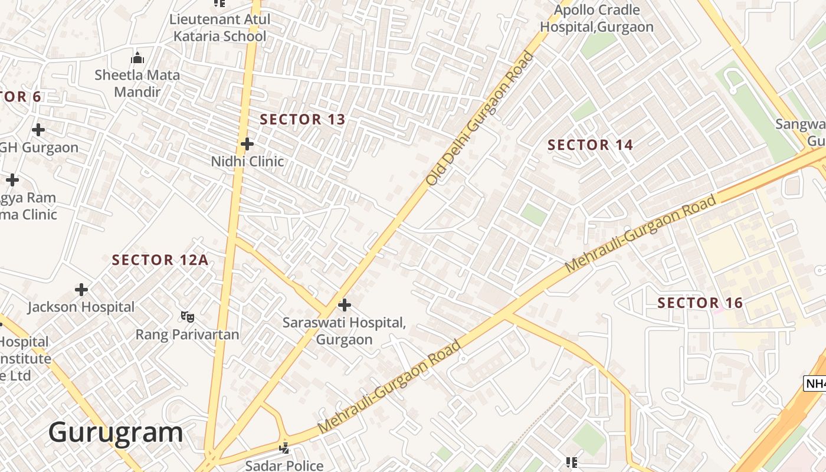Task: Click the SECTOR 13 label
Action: point(302,119)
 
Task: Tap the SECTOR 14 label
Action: point(590,145)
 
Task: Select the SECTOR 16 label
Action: point(700,303)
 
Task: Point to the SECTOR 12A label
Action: point(160,260)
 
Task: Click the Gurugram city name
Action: point(116,432)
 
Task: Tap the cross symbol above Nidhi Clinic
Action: point(247,144)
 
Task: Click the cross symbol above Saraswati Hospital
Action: point(345,305)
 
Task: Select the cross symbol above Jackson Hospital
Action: point(81,290)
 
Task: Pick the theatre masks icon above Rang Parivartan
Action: point(188,317)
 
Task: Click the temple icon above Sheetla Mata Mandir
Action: point(137,58)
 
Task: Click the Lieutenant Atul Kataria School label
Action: point(219,27)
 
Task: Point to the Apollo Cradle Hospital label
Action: point(596,18)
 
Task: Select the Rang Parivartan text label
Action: point(188,335)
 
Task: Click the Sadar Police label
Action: point(284,465)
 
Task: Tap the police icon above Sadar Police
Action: point(284,448)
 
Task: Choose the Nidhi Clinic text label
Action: point(247,161)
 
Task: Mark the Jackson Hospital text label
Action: point(81,307)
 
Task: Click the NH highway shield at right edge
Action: point(815,383)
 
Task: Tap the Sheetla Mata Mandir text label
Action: point(137,83)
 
